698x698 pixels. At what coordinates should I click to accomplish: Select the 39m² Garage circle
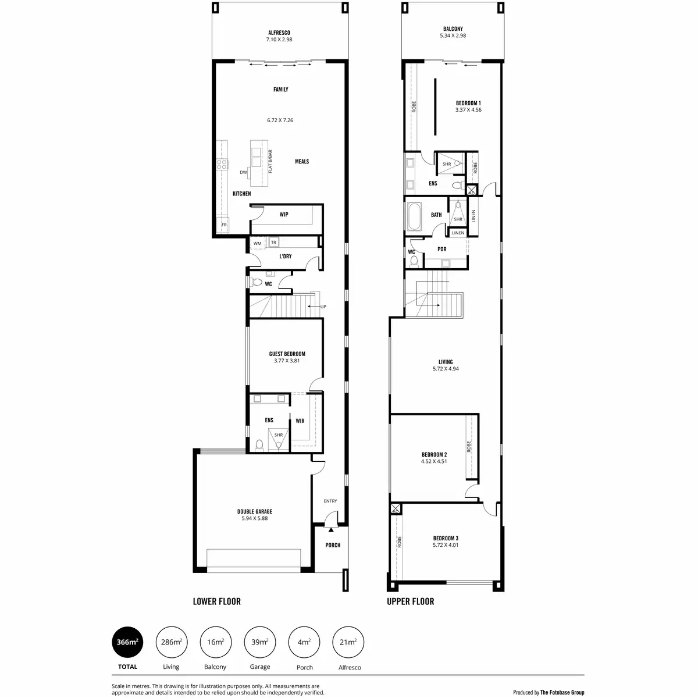click(x=259, y=642)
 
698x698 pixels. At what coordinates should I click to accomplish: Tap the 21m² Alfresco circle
click(x=348, y=642)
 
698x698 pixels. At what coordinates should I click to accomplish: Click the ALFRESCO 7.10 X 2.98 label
click(x=279, y=36)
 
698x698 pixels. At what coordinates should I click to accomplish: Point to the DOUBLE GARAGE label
click(x=255, y=515)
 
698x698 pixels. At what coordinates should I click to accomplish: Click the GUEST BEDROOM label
click(x=287, y=357)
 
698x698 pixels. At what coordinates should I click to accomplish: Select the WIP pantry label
click(x=284, y=215)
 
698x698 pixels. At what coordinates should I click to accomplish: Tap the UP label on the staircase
click(x=323, y=307)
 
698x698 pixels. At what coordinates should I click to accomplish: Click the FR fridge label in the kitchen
click(x=223, y=225)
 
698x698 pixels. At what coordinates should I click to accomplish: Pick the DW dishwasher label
click(x=243, y=173)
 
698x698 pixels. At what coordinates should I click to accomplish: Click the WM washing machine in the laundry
click(x=257, y=243)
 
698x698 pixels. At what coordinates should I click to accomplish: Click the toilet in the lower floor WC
click(x=256, y=283)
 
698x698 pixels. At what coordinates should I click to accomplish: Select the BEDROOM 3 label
click(x=446, y=542)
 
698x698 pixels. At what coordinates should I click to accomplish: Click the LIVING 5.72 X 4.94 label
click(x=446, y=365)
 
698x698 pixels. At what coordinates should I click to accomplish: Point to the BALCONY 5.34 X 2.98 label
click(x=453, y=32)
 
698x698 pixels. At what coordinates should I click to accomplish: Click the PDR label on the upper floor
click(x=441, y=250)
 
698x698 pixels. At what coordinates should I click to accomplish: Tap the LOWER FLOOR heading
click(x=216, y=601)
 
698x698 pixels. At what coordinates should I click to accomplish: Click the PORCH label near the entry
click(x=333, y=545)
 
